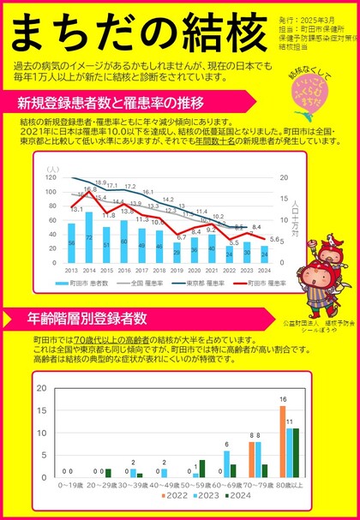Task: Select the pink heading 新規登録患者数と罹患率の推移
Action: point(111,104)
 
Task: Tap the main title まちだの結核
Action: point(137,31)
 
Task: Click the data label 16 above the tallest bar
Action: point(282,399)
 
